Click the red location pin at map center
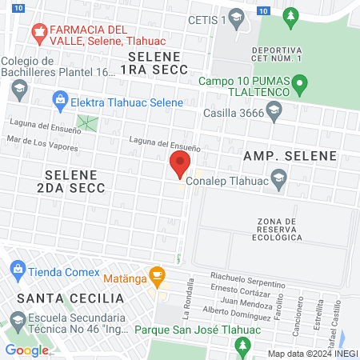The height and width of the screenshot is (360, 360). (179, 166)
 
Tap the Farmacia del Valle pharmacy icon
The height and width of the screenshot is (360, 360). (37, 32)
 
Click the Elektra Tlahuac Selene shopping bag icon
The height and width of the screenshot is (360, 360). (59, 102)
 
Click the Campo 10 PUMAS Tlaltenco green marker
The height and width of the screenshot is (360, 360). (300, 82)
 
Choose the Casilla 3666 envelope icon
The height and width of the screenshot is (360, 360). (274, 114)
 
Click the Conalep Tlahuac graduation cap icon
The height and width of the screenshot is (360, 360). (278, 180)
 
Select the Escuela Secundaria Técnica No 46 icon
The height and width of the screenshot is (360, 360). (17, 322)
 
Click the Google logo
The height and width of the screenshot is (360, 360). (27, 350)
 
